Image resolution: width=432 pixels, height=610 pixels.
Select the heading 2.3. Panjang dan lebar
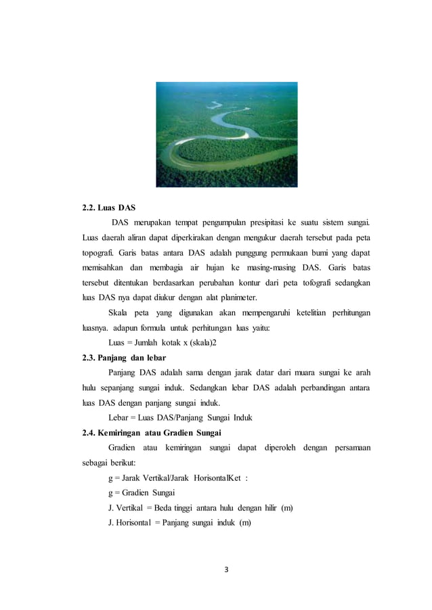pos(124,358)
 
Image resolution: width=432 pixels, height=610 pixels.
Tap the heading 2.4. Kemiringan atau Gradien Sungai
pos(151,433)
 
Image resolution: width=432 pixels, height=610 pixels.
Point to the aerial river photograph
pos(226,135)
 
